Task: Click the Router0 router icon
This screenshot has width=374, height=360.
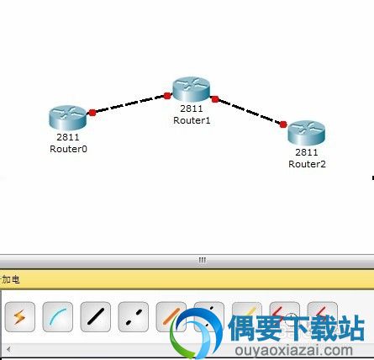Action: [68, 118]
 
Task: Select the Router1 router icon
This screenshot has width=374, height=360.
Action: [192, 89]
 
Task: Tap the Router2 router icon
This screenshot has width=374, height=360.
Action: [307, 133]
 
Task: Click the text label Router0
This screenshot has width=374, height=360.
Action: [68, 149]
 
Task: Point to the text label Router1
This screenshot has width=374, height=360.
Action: [192, 120]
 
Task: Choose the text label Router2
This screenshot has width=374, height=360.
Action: [307, 164]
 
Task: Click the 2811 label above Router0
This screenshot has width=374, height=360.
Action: [68, 137]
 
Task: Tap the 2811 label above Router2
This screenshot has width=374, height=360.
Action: [307, 152]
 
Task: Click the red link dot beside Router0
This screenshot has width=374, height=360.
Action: [92, 113]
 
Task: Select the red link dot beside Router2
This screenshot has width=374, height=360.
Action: [283, 124]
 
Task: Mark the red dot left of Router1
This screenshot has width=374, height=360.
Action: [167, 96]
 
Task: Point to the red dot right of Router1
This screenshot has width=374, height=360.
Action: [215, 99]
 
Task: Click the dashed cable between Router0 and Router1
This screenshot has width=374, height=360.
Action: [129, 104]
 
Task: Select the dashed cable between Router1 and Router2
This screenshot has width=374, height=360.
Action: [249, 112]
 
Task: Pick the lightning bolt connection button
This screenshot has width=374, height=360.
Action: [20, 317]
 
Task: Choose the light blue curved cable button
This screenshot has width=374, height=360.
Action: [58, 317]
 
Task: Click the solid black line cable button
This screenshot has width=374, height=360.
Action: [96, 317]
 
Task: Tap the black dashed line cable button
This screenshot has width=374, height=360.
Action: [134, 317]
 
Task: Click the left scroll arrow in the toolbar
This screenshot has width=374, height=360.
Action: [8, 349]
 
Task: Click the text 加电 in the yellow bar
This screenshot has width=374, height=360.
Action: [11, 279]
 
